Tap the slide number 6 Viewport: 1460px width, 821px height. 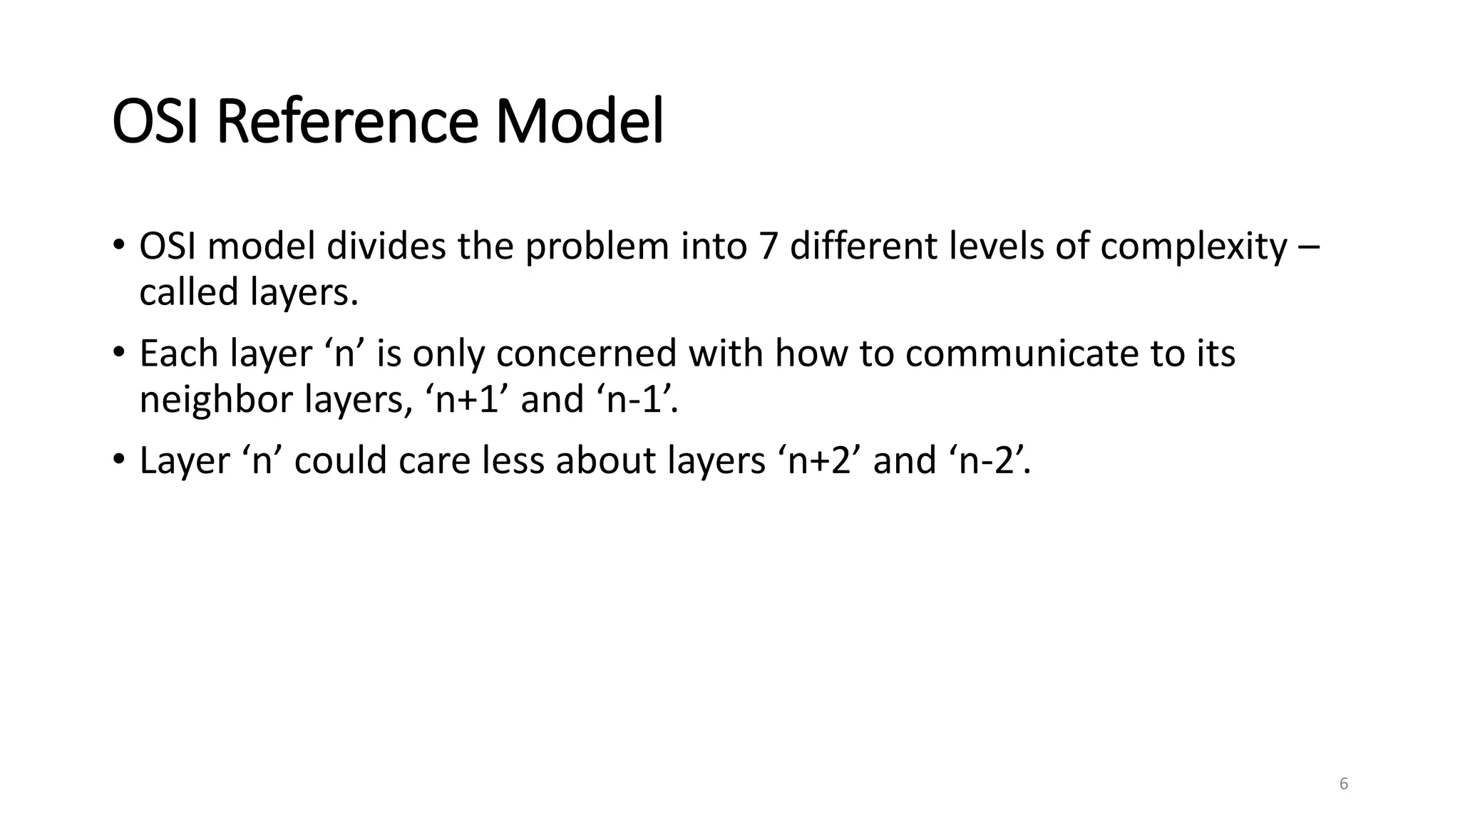[x=1344, y=784]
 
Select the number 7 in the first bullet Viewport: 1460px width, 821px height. [x=768, y=247]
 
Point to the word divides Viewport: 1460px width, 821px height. [x=386, y=247]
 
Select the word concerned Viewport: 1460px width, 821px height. [x=586, y=353]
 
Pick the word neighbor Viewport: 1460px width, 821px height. [x=216, y=399]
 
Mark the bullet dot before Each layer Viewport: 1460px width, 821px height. [x=119, y=352]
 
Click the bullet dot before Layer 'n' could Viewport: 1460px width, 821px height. [x=119, y=459]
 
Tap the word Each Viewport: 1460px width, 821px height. [x=178, y=353]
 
